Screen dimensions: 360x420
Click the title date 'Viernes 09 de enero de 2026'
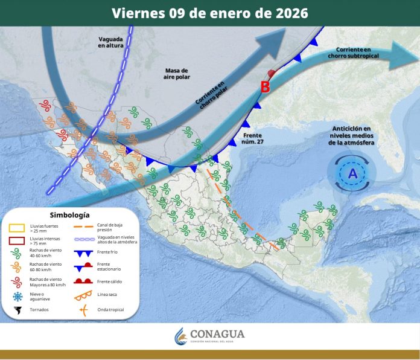pos(209,13)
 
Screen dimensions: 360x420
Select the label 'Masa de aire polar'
pos(177,74)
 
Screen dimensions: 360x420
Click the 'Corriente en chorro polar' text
pos(211,95)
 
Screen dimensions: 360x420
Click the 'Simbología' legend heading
pos(70,215)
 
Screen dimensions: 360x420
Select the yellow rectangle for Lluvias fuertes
pos(17,228)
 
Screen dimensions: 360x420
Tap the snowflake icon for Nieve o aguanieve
pos(17,295)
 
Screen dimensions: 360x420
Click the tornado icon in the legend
pos(17,310)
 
